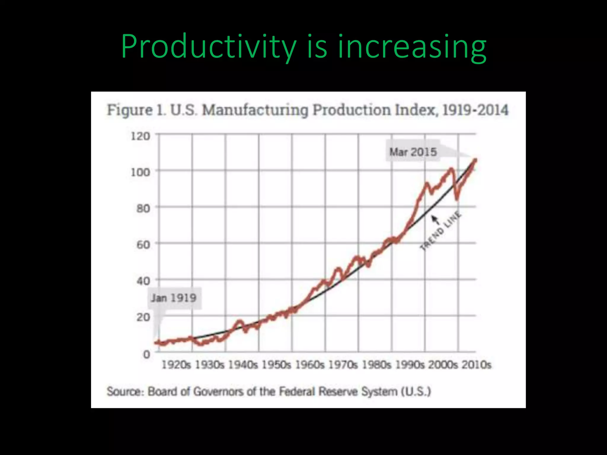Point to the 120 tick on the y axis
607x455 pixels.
140,136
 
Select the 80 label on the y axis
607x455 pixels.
143,209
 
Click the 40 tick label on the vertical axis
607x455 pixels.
143,281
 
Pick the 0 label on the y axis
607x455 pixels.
146,354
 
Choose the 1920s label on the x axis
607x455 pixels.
176,365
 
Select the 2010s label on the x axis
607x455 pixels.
476,365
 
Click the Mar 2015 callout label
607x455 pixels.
413,152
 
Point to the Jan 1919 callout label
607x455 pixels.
174,298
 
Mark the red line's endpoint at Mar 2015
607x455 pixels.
475,160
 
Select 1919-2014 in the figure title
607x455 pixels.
475,110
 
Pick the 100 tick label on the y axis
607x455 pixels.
140,172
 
